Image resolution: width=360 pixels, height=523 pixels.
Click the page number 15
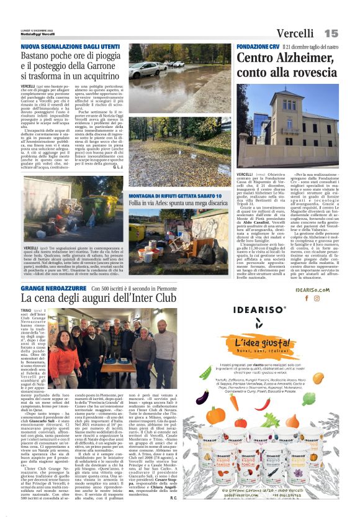(331, 33)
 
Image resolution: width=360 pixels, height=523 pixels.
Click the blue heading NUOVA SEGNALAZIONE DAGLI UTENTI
(70, 46)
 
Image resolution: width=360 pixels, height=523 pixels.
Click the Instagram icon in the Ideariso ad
(317, 298)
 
